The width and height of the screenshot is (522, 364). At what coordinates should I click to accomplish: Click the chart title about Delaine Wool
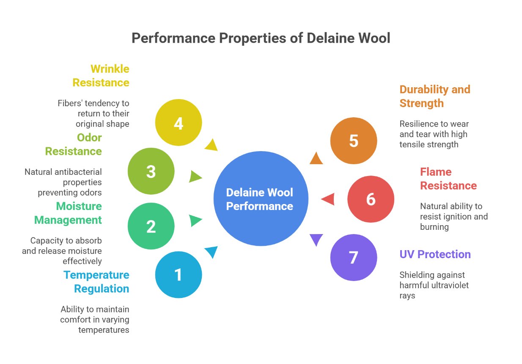pyautogui.click(x=261, y=38)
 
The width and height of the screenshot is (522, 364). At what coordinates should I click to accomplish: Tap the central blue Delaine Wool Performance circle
pyautogui.click(x=261, y=199)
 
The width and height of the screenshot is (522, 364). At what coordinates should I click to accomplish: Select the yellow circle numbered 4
pyautogui.click(x=179, y=123)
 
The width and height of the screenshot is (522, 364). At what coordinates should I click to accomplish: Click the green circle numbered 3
pyautogui.click(x=151, y=171)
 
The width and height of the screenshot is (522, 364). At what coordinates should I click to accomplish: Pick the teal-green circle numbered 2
pyautogui.click(x=151, y=226)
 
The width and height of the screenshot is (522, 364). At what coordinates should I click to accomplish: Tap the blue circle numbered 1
pyautogui.click(x=179, y=275)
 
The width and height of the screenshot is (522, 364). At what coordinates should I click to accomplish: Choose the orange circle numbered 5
pyautogui.click(x=353, y=141)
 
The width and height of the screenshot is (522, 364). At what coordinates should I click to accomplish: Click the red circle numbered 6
pyautogui.click(x=371, y=199)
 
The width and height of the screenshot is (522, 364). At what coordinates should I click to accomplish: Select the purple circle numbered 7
pyautogui.click(x=353, y=257)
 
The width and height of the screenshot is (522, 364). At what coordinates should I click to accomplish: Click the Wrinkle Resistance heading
pyautogui.click(x=101, y=76)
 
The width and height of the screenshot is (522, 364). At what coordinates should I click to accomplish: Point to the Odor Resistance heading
pyautogui.click(x=74, y=144)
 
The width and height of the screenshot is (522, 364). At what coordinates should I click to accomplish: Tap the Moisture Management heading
pyautogui.click(x=68, y=213)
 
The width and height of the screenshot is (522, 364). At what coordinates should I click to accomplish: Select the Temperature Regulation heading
pyautogui.click(x=96, y=282)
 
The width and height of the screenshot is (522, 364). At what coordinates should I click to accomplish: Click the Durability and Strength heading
pyautogui.click(x=434, y=96)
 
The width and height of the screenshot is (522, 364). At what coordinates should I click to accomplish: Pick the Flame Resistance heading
pyautogui.click(x=448, y=179)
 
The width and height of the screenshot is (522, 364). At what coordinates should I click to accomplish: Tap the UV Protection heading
pyautogui.click(x=435, y=254)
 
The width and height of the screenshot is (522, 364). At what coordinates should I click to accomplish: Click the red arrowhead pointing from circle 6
pyautogui.click(x=329, y=199)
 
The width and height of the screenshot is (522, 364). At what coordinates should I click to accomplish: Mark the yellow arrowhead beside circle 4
pyautogui.click(x=211, y=145)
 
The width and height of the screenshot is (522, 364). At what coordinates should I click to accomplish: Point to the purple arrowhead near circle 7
pyautogui.click(x=316, y=239)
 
